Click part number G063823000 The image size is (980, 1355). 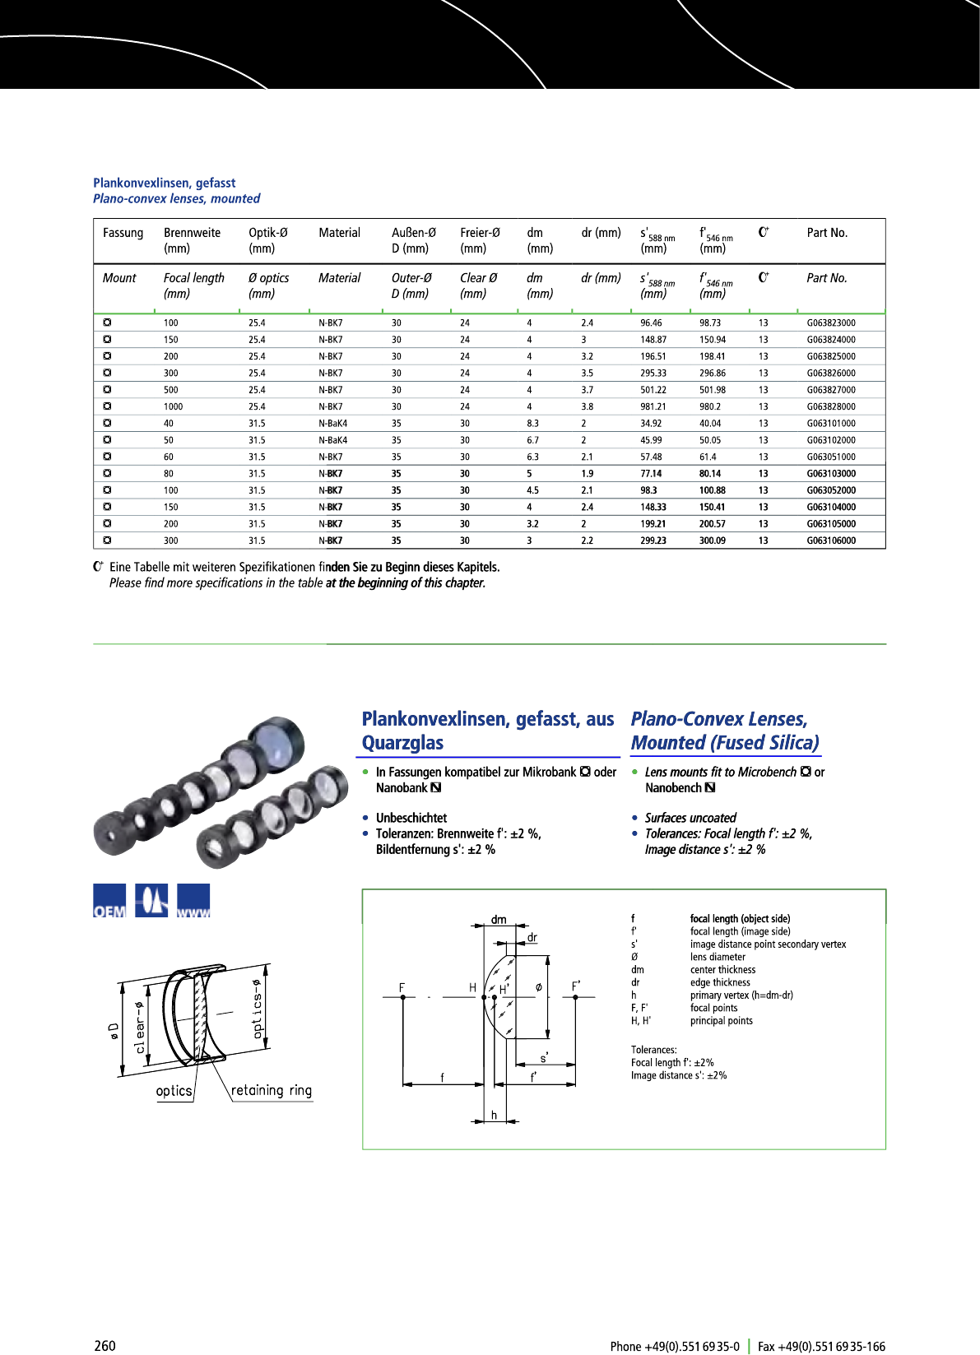[830, 323]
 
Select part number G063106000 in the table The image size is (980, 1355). [830, 541]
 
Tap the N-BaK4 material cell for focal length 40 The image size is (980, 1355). [332, 424]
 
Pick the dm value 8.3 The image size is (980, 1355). [532, 424]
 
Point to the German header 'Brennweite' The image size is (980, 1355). [192, 233]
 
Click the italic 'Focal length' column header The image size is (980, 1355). [193, 278]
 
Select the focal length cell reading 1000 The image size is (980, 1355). [173, 406]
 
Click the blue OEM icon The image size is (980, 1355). [109, 901]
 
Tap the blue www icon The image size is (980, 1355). [193, 901]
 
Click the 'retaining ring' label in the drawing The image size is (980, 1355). [271, 1091]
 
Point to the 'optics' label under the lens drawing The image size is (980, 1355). [174, 1092]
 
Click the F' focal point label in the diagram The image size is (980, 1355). [576, 986]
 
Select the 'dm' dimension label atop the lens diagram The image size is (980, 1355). [499, 919]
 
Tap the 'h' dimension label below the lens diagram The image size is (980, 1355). [494, 1115]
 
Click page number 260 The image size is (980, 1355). [105, 1346]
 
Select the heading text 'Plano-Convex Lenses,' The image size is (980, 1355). [718, 719]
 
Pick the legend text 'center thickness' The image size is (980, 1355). [722, 970]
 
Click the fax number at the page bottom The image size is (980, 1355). [821, 1347]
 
